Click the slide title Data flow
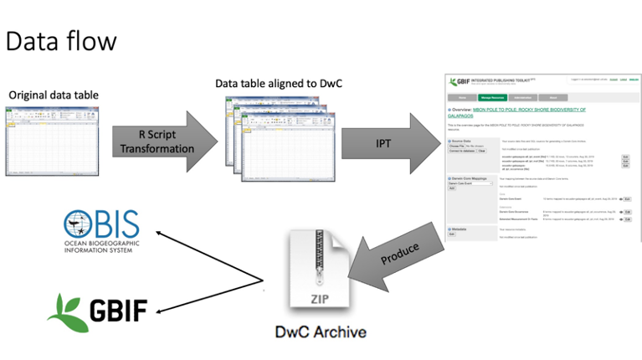click(60, 39)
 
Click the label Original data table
click(54, 95)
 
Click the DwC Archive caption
click(321, 332)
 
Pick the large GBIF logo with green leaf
click(97, 311)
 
